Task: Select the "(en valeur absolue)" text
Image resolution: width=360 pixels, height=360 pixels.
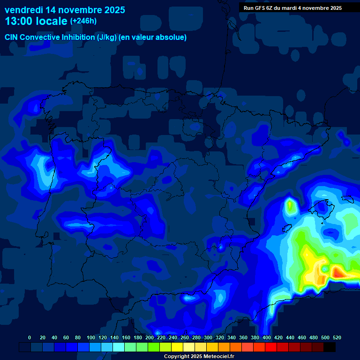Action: tap(153, 37)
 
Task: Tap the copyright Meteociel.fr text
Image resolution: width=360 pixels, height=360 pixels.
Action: tap(199, 357)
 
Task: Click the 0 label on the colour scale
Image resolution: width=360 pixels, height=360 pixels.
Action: tap(30, 337)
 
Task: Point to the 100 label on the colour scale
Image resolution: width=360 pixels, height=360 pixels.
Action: tap(90, 337)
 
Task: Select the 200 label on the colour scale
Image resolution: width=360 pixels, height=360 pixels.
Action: tap(150, 337)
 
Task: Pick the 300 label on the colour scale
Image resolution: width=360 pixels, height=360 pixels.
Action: tap(208, 337)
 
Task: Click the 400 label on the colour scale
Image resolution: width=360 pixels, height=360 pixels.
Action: tap(266, 337)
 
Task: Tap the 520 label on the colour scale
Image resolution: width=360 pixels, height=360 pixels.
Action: tap(337, 337)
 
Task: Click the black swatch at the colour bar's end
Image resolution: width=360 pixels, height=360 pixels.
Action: tap(330, 347)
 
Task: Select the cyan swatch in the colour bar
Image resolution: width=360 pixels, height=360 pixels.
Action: tap(119, 347)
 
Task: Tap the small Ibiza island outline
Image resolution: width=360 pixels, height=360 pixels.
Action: tap(287, 228)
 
